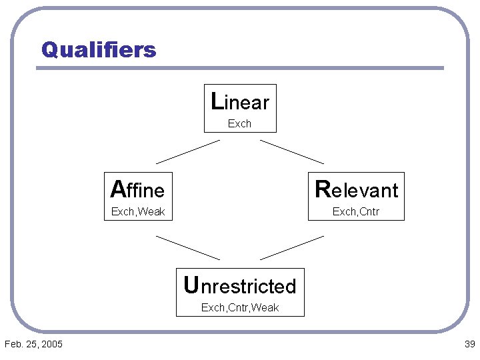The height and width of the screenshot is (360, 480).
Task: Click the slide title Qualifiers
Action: [99, 49]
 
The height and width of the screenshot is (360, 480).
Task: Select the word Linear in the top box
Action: [240, 102]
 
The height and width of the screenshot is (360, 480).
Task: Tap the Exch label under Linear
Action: [239, 123]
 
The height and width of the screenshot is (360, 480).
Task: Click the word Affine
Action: [138, 190]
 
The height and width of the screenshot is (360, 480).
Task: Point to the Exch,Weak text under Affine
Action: [138, 212]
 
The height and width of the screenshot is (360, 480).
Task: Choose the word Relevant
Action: [357, 190]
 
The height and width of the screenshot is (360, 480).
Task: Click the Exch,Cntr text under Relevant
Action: [356, 212]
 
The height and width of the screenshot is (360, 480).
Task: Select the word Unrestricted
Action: [240, 286]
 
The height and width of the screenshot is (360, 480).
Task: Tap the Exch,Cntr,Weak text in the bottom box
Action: [240, 307]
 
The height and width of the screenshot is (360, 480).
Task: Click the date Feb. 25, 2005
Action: [33, 344]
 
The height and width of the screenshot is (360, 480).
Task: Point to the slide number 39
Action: [469, 344]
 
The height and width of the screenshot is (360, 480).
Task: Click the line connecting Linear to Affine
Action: [188, 151]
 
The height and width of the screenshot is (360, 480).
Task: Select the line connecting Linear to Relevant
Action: [292, 151]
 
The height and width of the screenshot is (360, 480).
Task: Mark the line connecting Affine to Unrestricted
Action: [188, 247]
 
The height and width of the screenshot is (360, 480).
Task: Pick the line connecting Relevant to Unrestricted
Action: [292, 247]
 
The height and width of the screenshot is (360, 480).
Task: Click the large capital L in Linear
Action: [217, 101]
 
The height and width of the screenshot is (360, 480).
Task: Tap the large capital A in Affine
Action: [118, 189]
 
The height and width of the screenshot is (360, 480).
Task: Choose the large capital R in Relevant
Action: [323, 189]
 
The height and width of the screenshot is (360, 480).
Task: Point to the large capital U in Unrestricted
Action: [191, 285]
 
